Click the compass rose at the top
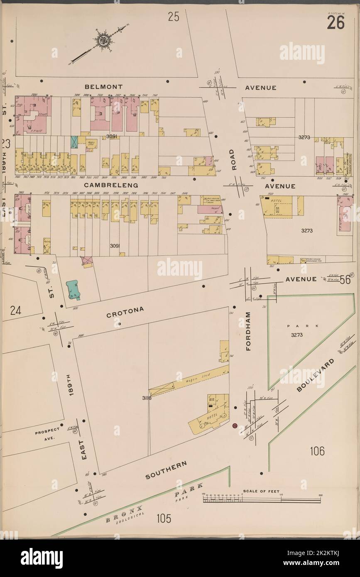pos(102,40)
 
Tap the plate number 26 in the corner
pos(335,23)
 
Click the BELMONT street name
pos(103,87)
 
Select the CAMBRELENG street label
pos(111,186)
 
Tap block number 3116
pos(146,399)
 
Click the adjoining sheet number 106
pos(316,450)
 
